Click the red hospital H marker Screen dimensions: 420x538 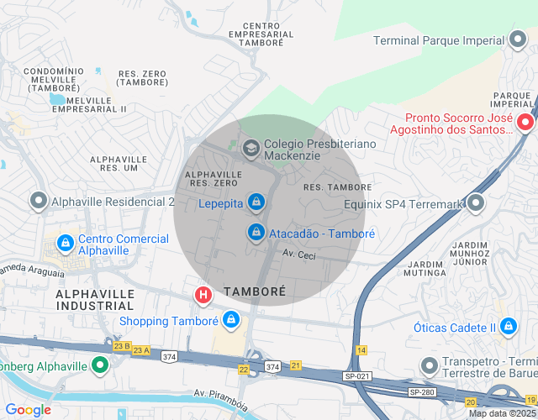point(203,295)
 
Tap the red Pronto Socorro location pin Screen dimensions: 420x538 point(525,123)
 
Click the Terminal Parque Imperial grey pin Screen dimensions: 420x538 point(519,39)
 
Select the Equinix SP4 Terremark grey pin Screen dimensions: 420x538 point(477,202)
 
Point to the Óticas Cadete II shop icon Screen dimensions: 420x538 point(508,326)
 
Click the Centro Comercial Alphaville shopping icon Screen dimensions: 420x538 point(65,244)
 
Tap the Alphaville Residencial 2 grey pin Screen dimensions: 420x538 point(39,202)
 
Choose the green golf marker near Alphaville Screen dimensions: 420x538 point(100,365)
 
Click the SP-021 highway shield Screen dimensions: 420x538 point(357,379)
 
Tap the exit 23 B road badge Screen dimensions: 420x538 point(121,346)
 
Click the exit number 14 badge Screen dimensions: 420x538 point(361,349)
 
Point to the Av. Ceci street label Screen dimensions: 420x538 point(298,255)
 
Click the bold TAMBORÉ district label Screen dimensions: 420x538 point(255,291)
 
